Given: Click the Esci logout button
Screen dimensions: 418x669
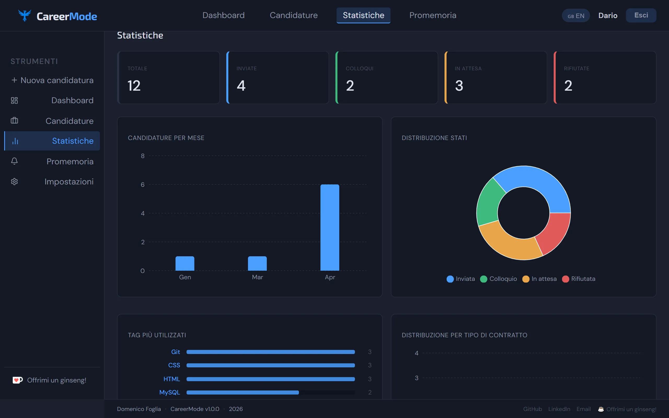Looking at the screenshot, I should tap(641, 15).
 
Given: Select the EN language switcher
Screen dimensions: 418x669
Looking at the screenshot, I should tap(576, 16).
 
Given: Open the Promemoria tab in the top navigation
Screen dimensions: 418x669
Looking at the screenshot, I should tap(433, 15).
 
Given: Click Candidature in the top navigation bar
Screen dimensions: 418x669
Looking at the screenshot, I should tap(293, 15).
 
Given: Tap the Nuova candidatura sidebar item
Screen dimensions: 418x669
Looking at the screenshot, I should tap(52, 80).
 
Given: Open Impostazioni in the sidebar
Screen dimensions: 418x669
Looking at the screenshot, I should tap(69, 182).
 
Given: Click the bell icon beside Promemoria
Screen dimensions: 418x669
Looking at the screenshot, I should tap(14, 161).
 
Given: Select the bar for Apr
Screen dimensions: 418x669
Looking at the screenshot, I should tap(330, 227).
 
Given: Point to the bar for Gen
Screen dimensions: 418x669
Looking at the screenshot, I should tap(185, 263).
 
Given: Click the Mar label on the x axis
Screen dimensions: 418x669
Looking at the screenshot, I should tap(257, 277).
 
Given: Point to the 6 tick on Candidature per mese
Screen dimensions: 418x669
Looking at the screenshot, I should tap(143, 184).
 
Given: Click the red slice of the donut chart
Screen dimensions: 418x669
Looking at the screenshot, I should tap(554, 233).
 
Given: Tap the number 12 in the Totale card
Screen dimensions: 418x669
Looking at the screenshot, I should tap(134, 86).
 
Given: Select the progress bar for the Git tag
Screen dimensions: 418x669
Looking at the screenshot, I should tap(270, 352).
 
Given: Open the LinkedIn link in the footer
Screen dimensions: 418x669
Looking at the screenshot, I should tap(559, 409).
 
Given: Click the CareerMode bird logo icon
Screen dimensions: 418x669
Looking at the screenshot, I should tap(24, 15).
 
